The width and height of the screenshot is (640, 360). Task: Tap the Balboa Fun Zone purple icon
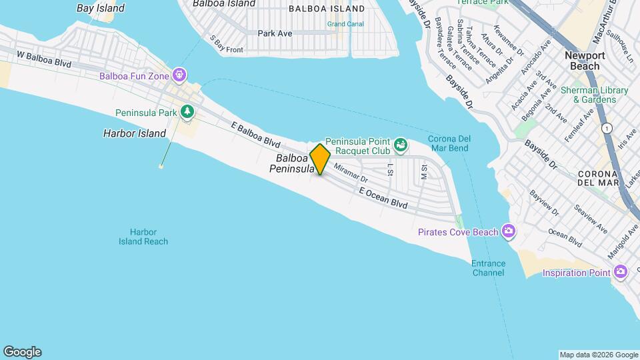(x=179, y=73)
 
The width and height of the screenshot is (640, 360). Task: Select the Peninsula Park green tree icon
(x=188, y=111)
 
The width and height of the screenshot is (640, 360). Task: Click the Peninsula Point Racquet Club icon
(x=400, y=143)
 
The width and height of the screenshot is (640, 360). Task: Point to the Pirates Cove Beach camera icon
(x=509, y=231)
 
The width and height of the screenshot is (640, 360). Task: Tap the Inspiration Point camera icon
(x=621, y=271)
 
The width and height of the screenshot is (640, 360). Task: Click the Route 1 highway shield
(x=606, y=127)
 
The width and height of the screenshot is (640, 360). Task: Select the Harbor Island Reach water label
(x=144, y=237)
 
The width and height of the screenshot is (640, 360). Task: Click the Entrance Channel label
(x=488, y=267)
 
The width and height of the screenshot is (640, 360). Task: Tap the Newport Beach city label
(x=585, y=61)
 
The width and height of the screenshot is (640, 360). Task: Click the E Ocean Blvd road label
(x=383, y=198)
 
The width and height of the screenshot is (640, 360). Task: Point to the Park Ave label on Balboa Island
(x=275, y=33)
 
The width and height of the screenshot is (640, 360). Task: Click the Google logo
(x=22, y=352)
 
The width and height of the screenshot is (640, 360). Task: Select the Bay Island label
(x=100, y=9)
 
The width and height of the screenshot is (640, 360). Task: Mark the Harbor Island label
(x=134, y=133)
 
